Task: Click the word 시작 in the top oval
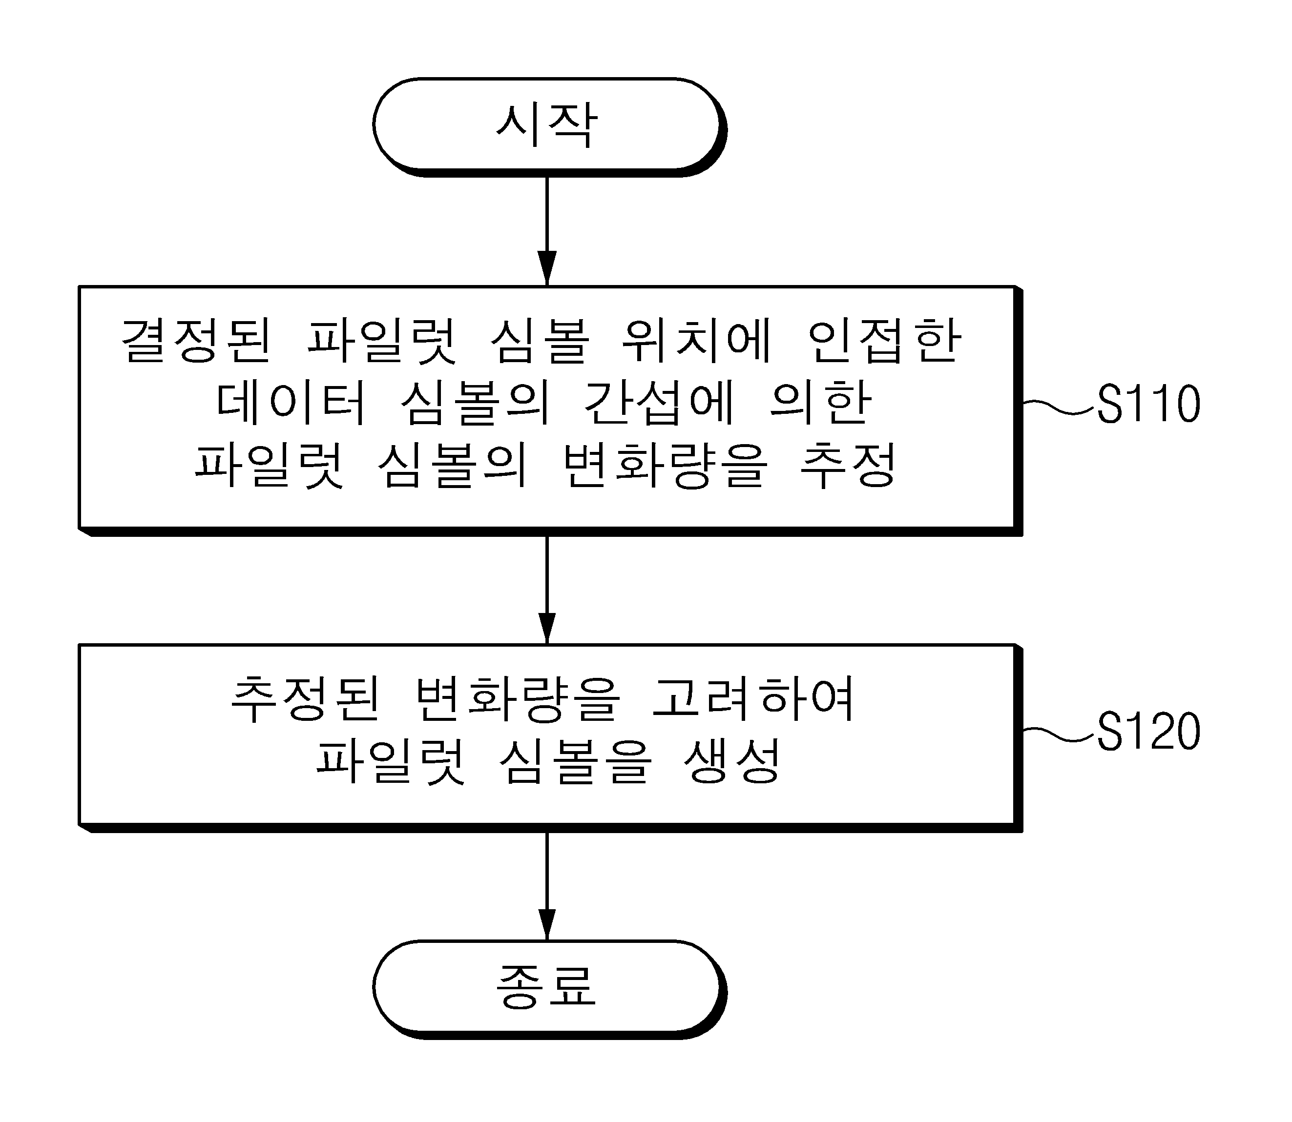pyautogui.click(x=546, y=125)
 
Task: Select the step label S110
pyautogui.click(x=1148, y=404)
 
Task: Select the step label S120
pyautogui.click(x=1148, y=731)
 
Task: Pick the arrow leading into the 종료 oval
pyautogui.click(x=547, y=886)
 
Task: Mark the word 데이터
pyautogui.click(x=290, y=402)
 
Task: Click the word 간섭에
pyautogui.click(x=659, y=402)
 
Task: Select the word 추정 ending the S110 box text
pyautogui.click(x=849, y=465)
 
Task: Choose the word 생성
pyautogui.click(x=731, y=761)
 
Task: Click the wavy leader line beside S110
pyautogui.click(x=1059, y=407)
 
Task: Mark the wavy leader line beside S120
pyautogui.click(x=1059, y=734)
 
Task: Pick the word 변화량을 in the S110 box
pyautogui.click(x=665, y=465)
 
